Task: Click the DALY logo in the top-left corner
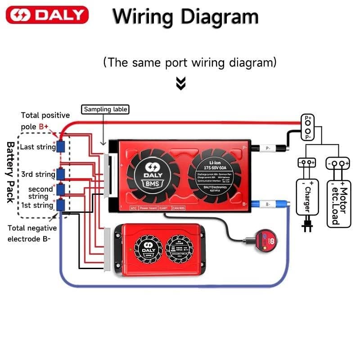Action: [x=47, y=15]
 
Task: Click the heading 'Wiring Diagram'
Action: [x=185, y=17]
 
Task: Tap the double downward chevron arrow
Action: [x=181, y=83]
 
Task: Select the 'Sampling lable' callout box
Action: [x=105, y=109]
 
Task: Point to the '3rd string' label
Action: [x=38, y=174]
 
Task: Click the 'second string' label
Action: [x=38, y=193]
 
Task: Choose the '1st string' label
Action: [x=37, y=205]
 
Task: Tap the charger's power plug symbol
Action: [x=307, y=227]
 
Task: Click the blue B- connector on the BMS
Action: [x=268, y=204]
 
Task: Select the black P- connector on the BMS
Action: [x=268, y=147]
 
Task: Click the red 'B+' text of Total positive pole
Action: [x=44, y=127]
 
